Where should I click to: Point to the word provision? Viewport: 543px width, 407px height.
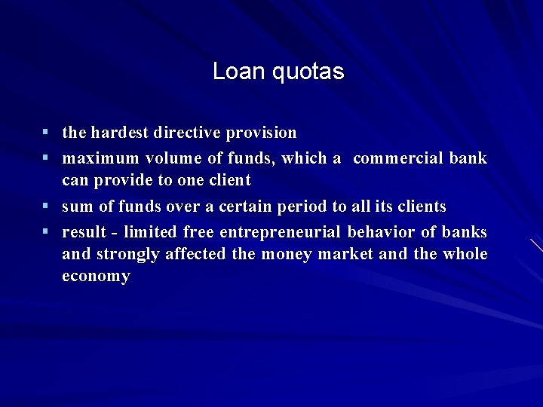(x=262, y=133)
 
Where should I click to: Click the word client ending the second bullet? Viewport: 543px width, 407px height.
(x=227, y=181)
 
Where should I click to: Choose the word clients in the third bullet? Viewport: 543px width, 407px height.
(x=420, y=207)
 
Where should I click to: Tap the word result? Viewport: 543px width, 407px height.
(x=84, y=231)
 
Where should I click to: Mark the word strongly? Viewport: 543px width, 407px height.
(x=127, y=255)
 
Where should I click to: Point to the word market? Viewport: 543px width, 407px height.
(x=345, y=254)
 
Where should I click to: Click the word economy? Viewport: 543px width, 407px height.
(x=96, y=277)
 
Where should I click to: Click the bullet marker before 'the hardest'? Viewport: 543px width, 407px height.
(x=46, y=133)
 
